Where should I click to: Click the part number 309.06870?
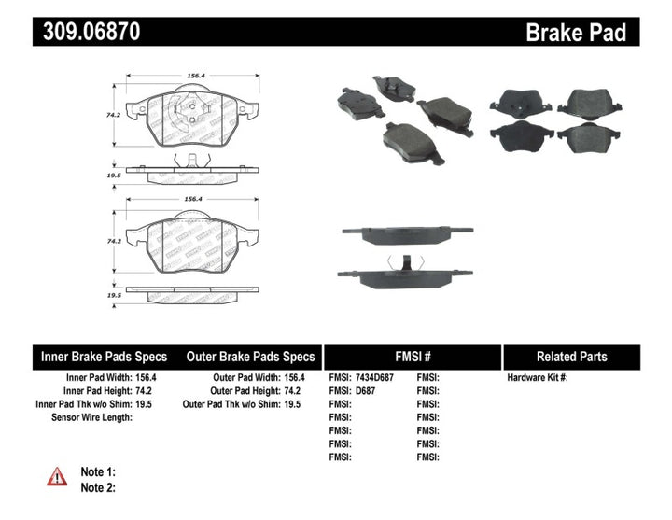point(91,33)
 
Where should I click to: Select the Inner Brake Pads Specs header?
point(104,357)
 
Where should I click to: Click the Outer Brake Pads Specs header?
point(250,357)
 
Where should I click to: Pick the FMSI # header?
point(413,357)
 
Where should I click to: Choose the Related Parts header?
point(571,357)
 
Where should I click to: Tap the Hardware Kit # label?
point(538,378)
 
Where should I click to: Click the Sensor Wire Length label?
point(91,417)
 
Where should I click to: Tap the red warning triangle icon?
point(58,476)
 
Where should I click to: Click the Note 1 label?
point(98,472)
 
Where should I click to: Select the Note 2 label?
point(98,487)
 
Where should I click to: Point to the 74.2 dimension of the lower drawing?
point(113,241)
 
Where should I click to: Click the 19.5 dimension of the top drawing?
point(114,174)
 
